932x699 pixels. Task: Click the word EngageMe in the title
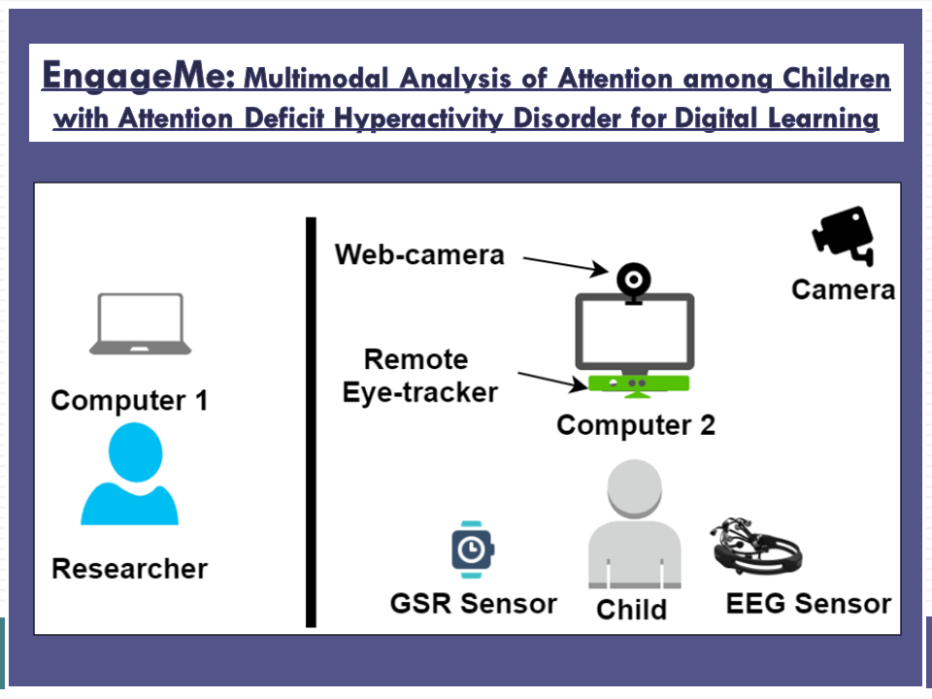(138, 76)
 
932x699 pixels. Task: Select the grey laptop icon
(140, 323)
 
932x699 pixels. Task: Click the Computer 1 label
(129, 400)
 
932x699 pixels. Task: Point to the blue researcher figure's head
(136, 451)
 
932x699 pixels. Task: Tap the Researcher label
(129, 568)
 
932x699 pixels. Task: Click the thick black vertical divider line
(311, 422)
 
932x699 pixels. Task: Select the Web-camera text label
(419, 254)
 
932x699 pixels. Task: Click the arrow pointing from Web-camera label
(566, 265)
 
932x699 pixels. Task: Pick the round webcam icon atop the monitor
(634, 281)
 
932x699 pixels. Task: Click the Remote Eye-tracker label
(418, 376)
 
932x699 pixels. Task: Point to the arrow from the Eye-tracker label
(552, 381)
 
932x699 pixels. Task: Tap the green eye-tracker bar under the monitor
(639, 384)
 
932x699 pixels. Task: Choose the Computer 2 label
(635, 425)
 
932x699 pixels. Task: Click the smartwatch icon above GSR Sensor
(473, 549)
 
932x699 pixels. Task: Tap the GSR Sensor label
(473, 603)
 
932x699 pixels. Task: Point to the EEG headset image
(757, 546)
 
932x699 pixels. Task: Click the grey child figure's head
(634, 488)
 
